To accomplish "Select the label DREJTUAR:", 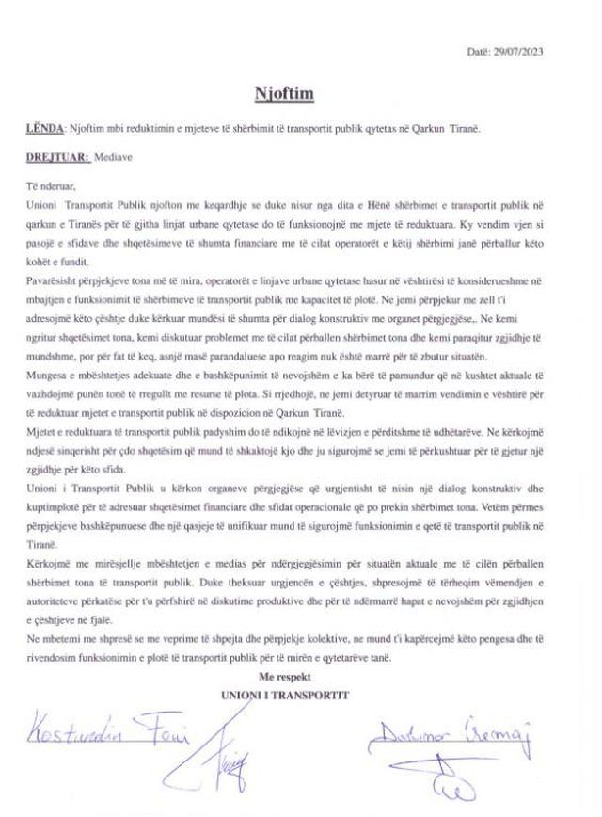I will pos(56,159).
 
